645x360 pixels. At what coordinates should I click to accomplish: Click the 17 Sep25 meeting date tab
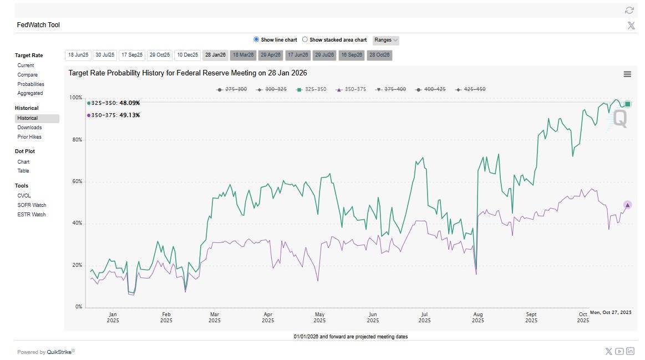tap(132, 55)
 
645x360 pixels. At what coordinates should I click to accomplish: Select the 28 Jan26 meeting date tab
tap(215, 55)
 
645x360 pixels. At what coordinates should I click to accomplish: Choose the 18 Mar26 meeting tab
tap(243, 55)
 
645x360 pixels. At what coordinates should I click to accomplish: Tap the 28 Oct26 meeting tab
tap(379, 55)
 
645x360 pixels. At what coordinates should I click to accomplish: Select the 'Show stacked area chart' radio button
tap(305, 40)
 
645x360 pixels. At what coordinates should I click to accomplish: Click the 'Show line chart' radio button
tap(256, 40)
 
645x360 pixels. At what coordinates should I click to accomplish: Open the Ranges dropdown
tap(386, 40)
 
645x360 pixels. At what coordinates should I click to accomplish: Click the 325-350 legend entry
tap(312, 89)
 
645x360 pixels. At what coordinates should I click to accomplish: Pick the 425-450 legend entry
tap(470, 89)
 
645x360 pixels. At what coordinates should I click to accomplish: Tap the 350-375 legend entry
tap(352, 89)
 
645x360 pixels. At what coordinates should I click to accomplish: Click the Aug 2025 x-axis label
tap(478, 317)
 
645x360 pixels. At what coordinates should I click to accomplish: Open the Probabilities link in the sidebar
tap(31, 84)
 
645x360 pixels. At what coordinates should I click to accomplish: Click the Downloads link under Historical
tap(29, 128)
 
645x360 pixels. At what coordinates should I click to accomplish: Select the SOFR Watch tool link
tap(32, 205)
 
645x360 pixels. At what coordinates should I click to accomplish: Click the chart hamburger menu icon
tap(627, 74)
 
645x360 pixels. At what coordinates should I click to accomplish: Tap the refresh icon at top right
tap(629, 10)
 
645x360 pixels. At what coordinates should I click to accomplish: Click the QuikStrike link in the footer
tap(59, 352)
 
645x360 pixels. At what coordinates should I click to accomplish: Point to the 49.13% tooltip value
tap(129, 115)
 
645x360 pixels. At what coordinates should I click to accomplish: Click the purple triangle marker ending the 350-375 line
tap(627, 205)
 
